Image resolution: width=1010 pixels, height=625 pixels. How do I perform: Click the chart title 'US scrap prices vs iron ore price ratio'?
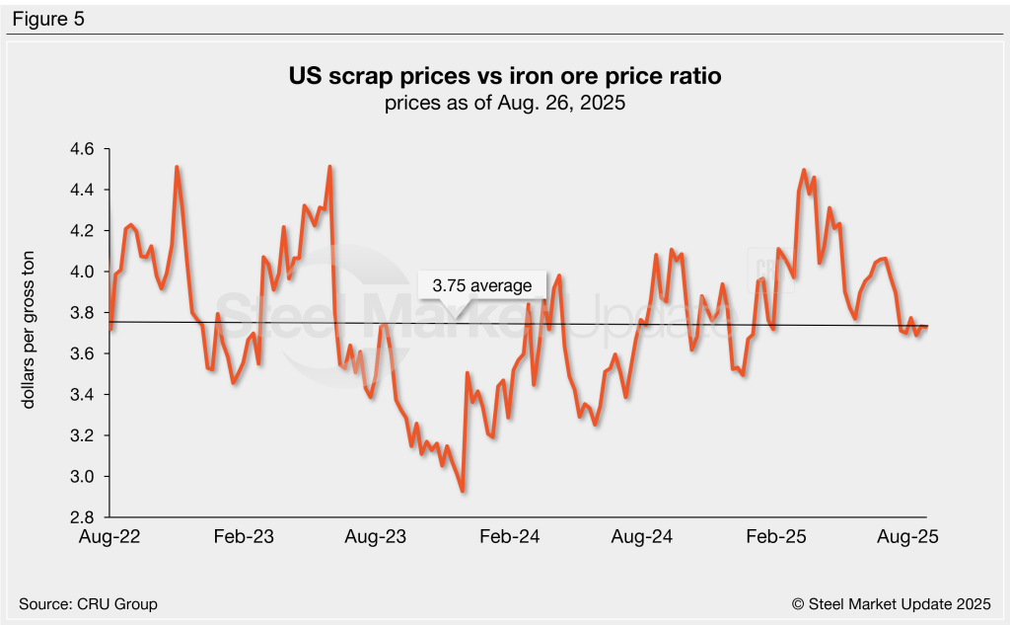click(x=505, y=77)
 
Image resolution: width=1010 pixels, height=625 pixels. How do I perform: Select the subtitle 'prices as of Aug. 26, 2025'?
click(x=505, y=104)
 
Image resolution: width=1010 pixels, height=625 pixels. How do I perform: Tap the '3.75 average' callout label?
click(x=482, y=286)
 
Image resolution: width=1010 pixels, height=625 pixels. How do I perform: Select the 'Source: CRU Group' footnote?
click(x=88, y=603)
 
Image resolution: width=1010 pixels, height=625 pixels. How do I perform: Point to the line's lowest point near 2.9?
click(x=463, y=491)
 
